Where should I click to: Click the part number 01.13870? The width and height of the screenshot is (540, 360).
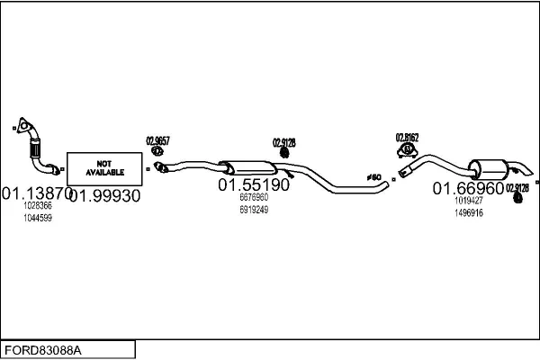(x=35, y=193)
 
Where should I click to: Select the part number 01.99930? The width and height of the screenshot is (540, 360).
(x=105, y=195)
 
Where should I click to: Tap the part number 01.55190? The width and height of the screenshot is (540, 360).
(x=254, y=184)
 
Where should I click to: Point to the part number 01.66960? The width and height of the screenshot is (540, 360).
(x=468, y=188)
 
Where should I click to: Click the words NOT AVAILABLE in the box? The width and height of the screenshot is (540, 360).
(x=105, y=166)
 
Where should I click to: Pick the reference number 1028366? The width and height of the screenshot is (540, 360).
(x=38, y=206)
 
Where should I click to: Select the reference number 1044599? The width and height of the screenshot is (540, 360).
(x=38, y=218)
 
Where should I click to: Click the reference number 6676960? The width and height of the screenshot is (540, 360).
(x=254, y=198)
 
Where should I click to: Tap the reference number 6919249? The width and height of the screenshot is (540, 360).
(x=254, y=210)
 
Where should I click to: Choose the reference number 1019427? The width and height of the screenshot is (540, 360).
(x=468, y=202)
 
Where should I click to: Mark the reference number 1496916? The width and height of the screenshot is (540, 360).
(x=468, y=213)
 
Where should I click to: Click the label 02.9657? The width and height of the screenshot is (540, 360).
(x=157, y=140)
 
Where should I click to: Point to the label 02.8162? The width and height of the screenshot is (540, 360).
(x=407, y=138)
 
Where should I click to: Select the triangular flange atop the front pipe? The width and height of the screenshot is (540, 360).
(x=22, y=125)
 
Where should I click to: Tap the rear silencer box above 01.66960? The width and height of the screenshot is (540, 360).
(x=490, y=167)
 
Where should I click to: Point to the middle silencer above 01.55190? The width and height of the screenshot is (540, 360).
(x=251, y=166)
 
